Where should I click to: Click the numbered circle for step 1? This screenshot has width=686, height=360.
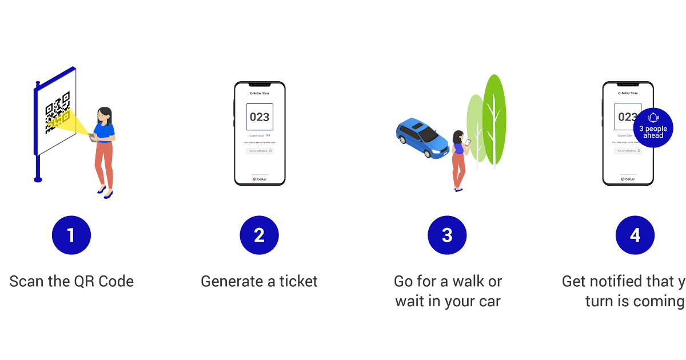[x=71, y=235]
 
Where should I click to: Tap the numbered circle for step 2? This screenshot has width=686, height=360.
[x=259, y=235]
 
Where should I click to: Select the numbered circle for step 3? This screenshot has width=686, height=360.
[x=447, y=235]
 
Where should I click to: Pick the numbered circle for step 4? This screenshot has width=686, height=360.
[x=635, y=235]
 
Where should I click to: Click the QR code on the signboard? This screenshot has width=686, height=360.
[x=57, y=113]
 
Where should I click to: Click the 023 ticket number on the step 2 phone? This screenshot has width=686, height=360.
[x=260, y=117]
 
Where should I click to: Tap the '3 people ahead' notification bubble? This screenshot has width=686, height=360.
[x=653, y=128]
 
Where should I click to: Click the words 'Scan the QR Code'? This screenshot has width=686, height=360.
[x=71, y=281]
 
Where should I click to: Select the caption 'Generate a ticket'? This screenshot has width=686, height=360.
[x=259, y=281]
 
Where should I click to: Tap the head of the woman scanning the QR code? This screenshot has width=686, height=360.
[x=105, y=114]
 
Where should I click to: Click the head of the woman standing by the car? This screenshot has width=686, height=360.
[x=458, y=137]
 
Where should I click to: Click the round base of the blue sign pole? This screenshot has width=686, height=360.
[x=38, y=179]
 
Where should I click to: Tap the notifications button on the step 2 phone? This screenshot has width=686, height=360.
[x=260, y=151]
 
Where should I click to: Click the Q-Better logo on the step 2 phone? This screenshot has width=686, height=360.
[x=260, y=179]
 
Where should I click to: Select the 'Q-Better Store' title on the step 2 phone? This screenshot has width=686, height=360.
[x=260, y=93]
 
